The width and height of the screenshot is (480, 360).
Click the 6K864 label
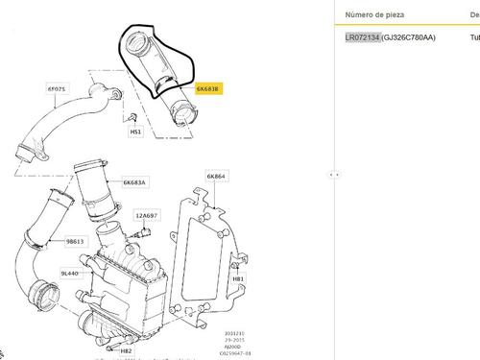[x=216, y=177]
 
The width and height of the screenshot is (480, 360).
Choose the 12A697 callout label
[x=146, y=215]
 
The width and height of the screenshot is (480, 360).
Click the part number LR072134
[x=363, y=38]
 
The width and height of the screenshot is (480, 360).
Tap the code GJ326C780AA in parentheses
[x=411, y=38]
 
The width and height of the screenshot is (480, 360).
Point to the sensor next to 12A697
[x=145, y=232]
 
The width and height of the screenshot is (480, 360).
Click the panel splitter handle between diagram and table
[x=332, y=175]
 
